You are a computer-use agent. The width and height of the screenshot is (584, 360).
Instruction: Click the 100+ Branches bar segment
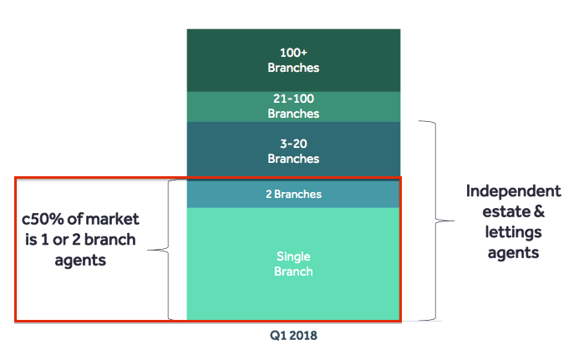[x=293, y=60]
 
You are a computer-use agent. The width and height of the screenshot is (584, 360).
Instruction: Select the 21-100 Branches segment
[x=293, y=106]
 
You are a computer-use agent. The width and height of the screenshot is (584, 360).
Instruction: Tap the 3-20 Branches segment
[x=293, y=150]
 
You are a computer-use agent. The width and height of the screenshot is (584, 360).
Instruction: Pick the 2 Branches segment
[x=293, y=194]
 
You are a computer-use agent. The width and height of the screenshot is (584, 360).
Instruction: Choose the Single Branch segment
[x=293, y=264]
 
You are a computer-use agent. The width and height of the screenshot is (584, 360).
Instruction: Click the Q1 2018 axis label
[x=293, y=336]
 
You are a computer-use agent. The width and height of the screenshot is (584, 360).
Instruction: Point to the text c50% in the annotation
[x=43, y=219]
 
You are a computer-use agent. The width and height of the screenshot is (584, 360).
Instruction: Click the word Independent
[x=513, y=191]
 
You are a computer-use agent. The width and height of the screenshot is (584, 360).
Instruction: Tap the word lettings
[x=513, y=232]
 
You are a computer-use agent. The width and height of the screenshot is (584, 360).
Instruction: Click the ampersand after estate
[x=540, y=211]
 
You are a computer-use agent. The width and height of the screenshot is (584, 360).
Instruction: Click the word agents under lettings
[x=513, y=254]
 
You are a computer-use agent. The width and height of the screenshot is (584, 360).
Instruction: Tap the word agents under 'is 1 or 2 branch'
[x=80, y=261]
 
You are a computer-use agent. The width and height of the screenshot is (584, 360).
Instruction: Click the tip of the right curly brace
[x=454, y=221]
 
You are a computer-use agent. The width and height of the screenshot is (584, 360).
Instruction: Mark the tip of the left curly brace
[x=148, y=250]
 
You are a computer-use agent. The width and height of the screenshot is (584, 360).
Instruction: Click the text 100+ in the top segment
[x=293, y=53]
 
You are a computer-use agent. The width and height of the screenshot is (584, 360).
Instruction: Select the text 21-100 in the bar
[x=293, y=99]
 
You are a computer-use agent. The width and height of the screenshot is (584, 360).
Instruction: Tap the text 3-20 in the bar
[x=293, y=144]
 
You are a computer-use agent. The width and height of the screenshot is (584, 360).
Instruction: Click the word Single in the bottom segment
[x=293, y=256]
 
